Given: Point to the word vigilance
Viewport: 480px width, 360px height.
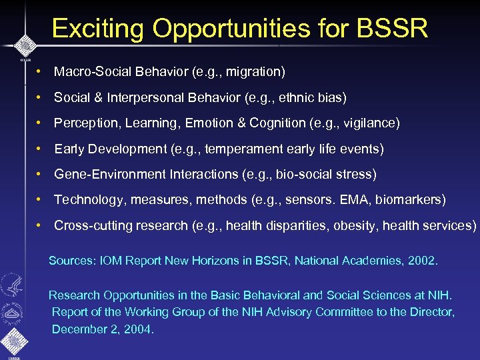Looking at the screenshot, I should click(x=370, y=123).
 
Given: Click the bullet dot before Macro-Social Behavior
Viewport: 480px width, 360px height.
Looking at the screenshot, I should click(x=40, y=71).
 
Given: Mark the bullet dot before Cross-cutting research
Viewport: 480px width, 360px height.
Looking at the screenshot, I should click(x=40, y=225).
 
